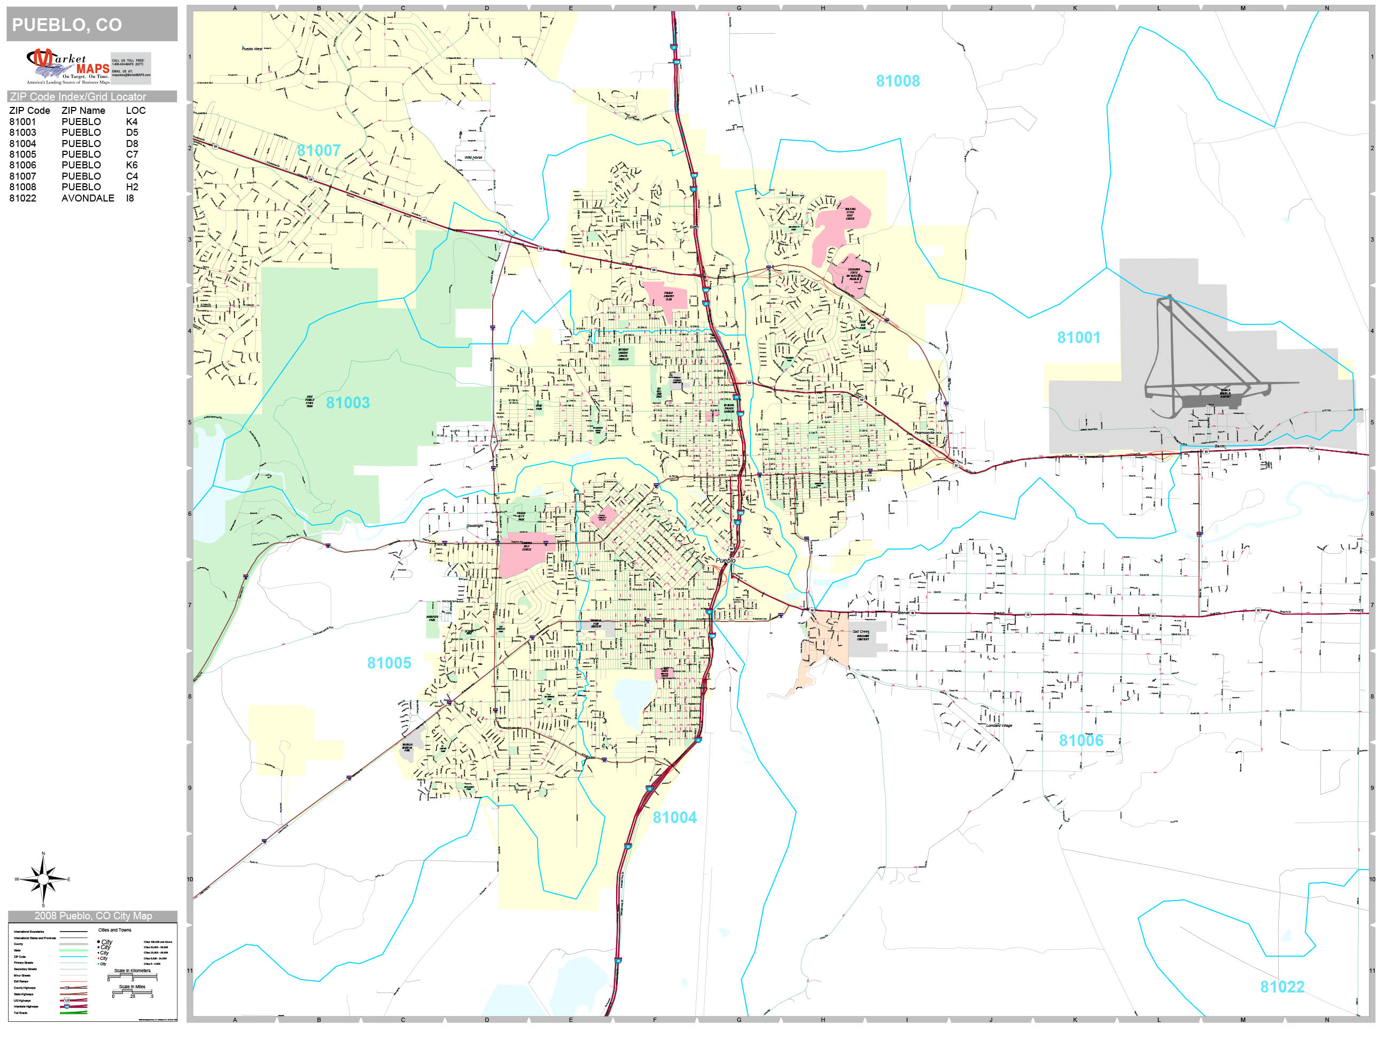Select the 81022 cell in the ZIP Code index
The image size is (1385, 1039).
tap(22, 198)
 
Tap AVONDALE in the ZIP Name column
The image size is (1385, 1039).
tap(88, 198)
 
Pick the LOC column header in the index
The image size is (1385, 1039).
tap(135, 111)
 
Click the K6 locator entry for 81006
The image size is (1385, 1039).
tap(131, 165)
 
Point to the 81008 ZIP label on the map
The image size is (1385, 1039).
tap(897, 81)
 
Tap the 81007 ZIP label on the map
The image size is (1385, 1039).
tap(318, 151)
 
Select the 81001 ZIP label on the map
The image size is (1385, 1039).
tap(1078, 338)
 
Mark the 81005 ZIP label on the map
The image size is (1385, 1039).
tap(389, 663)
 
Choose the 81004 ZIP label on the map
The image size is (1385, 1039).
tap(674, 818)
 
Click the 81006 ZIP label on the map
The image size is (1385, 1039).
tap(1081, 741)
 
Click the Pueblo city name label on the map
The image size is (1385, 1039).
tap(726, 561)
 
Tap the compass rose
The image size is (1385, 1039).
tap(43, 879)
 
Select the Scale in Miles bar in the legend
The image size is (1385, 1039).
tap(132, 992)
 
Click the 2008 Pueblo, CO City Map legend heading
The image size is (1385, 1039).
tap(92, 916)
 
